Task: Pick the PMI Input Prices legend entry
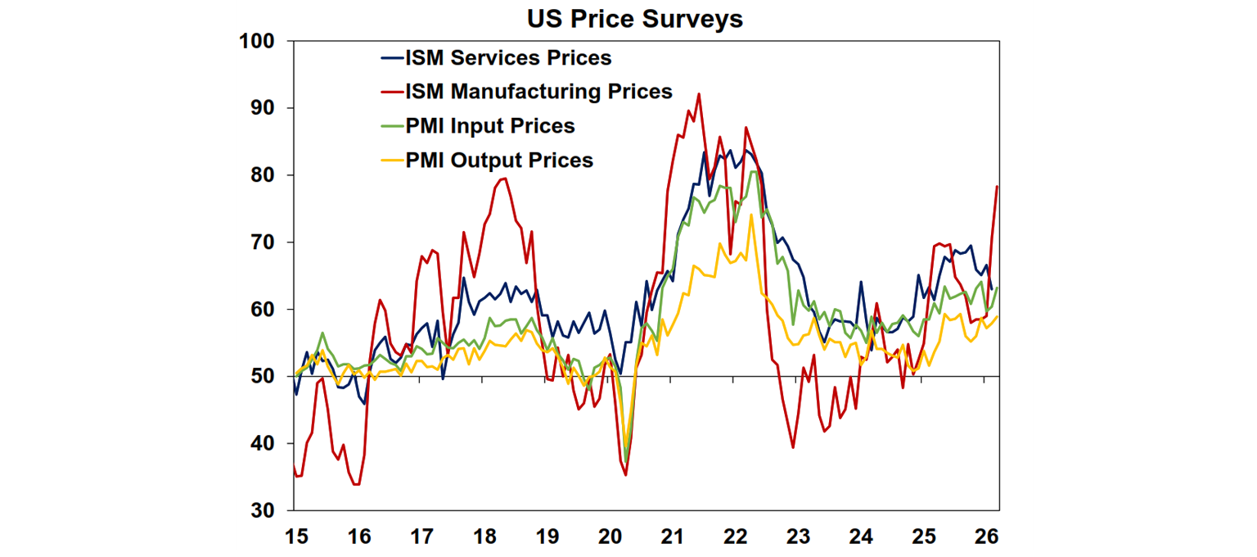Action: point(489,126)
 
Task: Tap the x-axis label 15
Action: point(295,537)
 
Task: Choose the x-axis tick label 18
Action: point(484,537)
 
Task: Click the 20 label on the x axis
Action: point(610,537)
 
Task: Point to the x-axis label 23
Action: point(798,537)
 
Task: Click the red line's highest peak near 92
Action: point(699,94)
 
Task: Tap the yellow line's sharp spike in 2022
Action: point(750,215)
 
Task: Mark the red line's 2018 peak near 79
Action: point(504,179)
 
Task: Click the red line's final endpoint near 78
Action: point(997,187)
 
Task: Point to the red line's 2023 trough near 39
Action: point(793,447)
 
